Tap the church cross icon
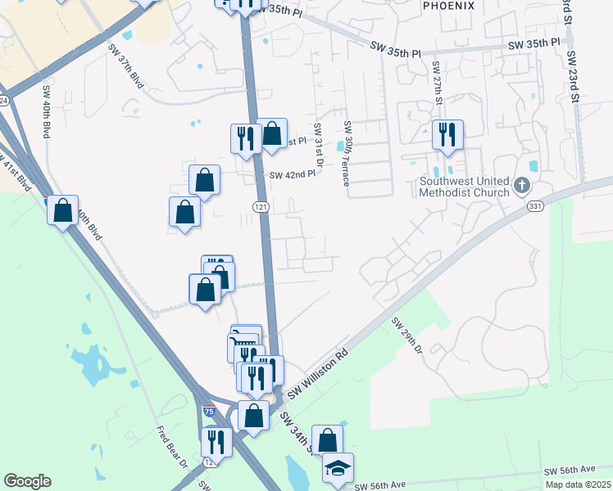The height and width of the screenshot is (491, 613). coord(521,187)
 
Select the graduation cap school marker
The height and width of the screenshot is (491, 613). coord(338,469)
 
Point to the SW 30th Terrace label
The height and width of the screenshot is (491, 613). coord(347,153)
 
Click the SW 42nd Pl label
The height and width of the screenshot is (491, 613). coord(292,174)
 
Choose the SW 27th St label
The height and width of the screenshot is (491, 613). coord(437,81)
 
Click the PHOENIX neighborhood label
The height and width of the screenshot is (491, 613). coord(448,5)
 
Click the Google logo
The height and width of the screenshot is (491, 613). coord(27,481)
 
